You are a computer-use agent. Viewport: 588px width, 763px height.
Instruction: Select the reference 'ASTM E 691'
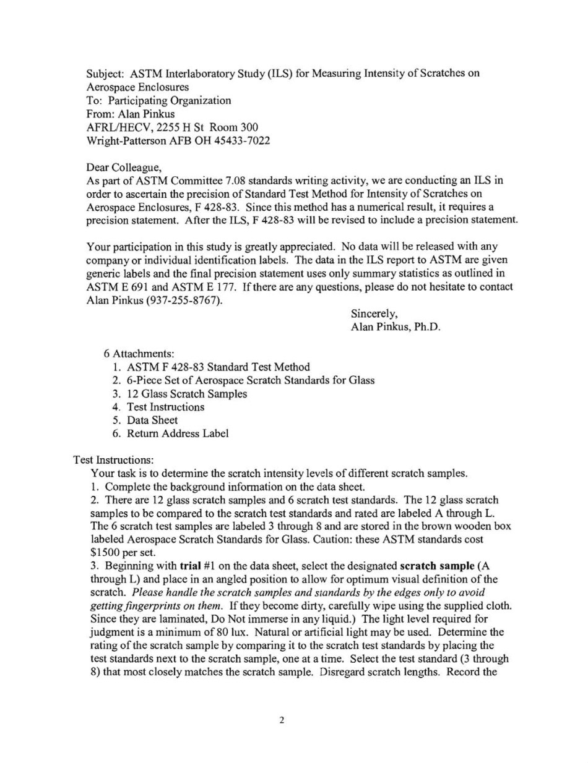point(118,263)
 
